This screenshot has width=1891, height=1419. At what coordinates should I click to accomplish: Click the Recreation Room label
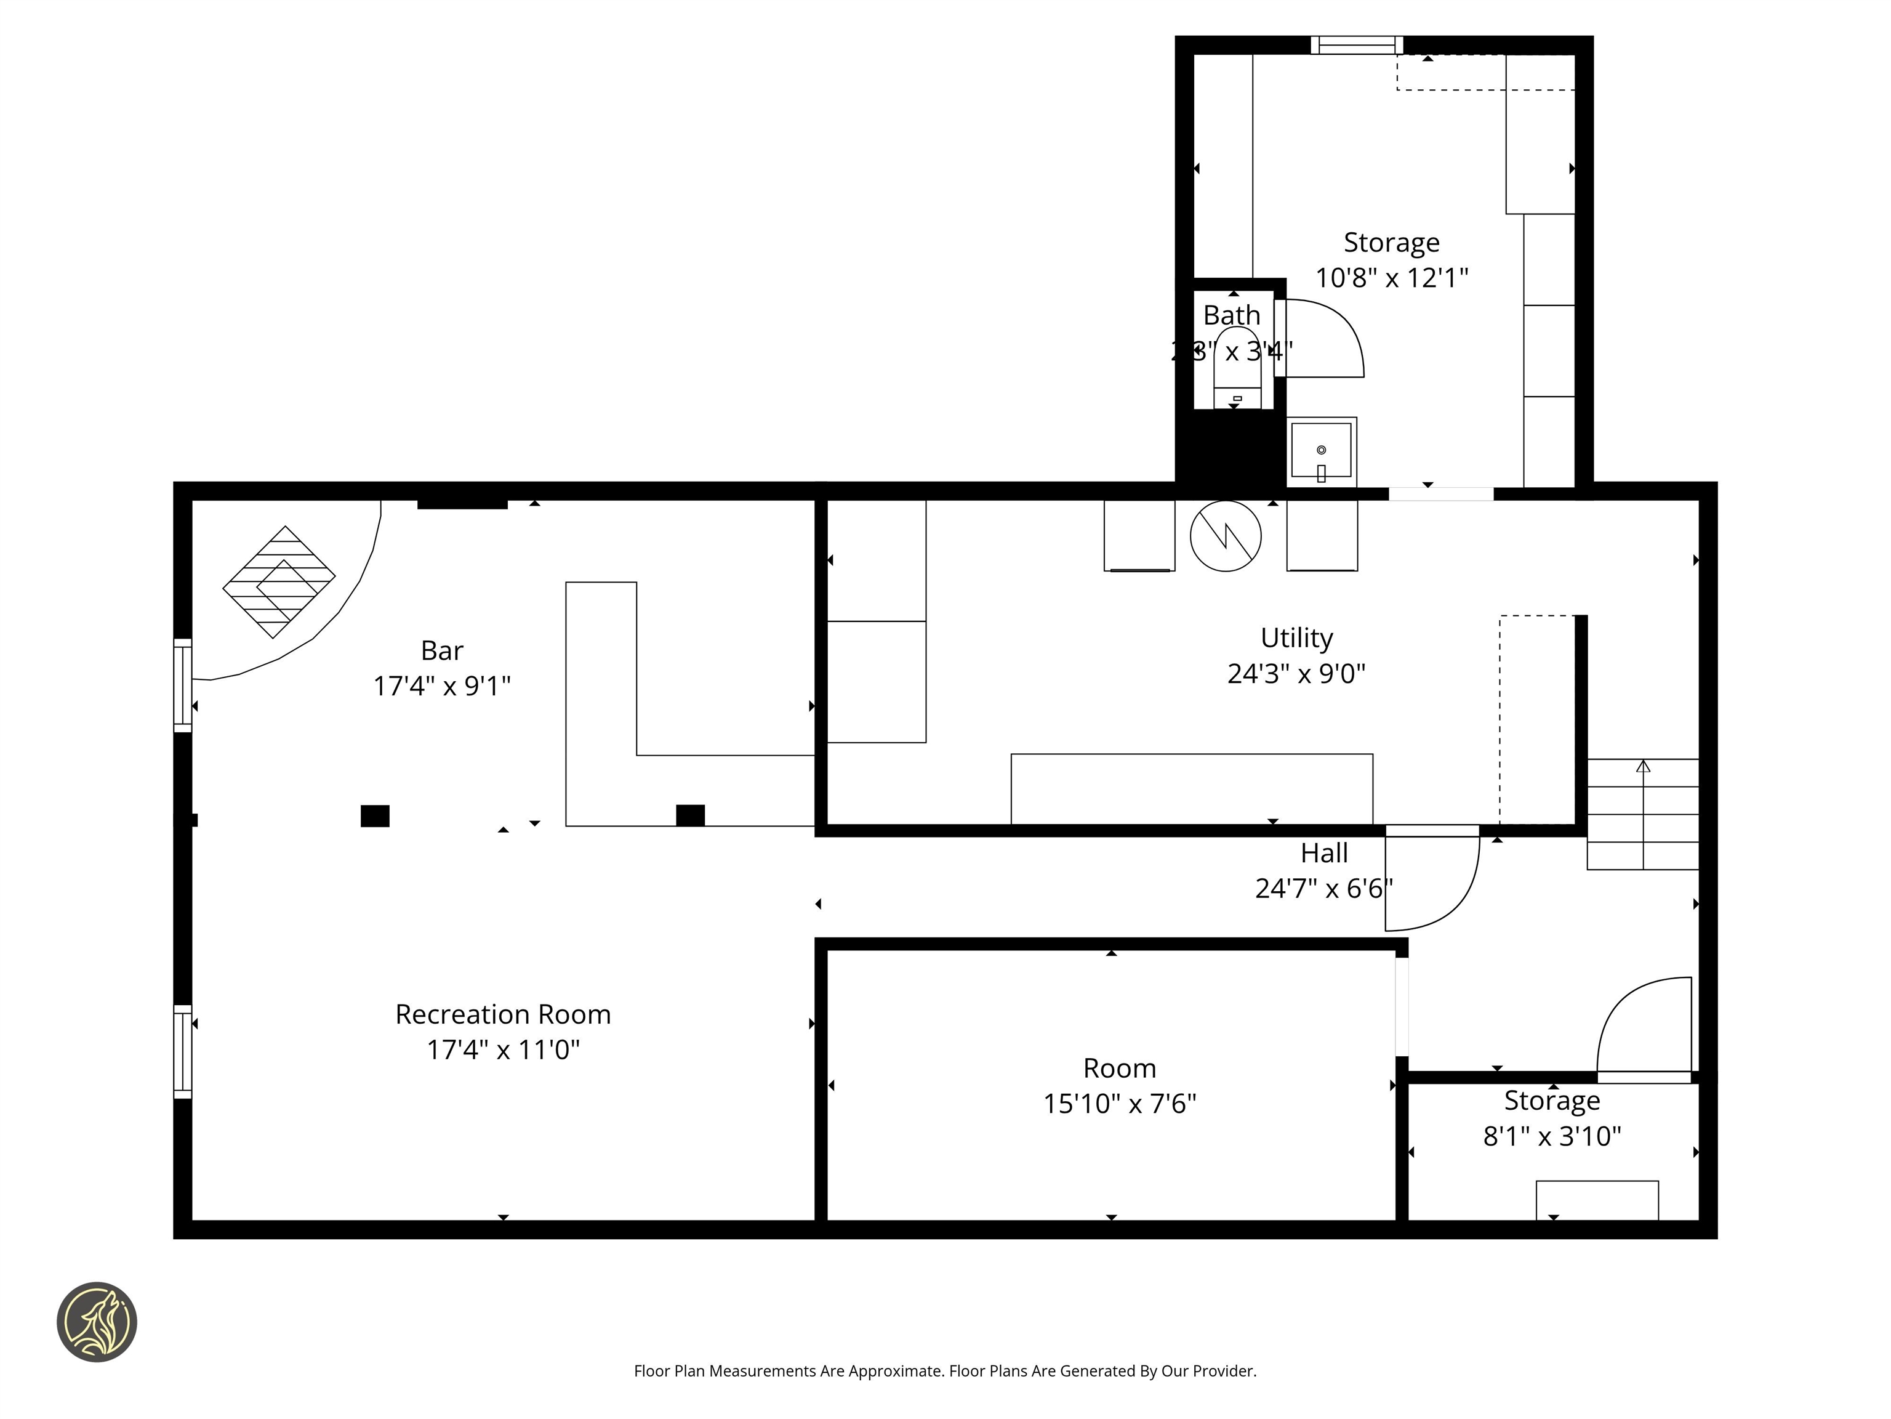click(x=503, y=1014)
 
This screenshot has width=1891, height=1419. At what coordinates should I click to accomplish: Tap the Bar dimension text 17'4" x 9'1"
click(x=441, y=686)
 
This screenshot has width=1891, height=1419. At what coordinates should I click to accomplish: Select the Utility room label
click(x=1296, y=637)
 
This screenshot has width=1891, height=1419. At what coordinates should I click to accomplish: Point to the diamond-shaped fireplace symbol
click(x=279, y=581)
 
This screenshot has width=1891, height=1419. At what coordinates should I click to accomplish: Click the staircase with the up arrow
click(x=1642, y=814)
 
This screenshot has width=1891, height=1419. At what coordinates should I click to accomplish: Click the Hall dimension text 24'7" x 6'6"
click(x=1323, y=889)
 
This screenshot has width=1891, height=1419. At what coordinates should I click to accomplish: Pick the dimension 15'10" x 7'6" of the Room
click(x=1119, y=1104)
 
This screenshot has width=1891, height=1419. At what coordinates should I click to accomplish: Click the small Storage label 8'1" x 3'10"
click(x=1552, y=1136)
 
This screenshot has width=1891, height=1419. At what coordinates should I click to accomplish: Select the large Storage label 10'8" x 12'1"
click(x=1391, y=277)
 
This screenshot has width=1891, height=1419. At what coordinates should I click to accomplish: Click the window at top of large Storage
click(x=1357, y=44)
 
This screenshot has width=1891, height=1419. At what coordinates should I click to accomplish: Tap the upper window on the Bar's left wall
click(x=182, y=685)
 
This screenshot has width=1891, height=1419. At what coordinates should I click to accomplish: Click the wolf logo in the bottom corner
click(x=97, y=1322)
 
